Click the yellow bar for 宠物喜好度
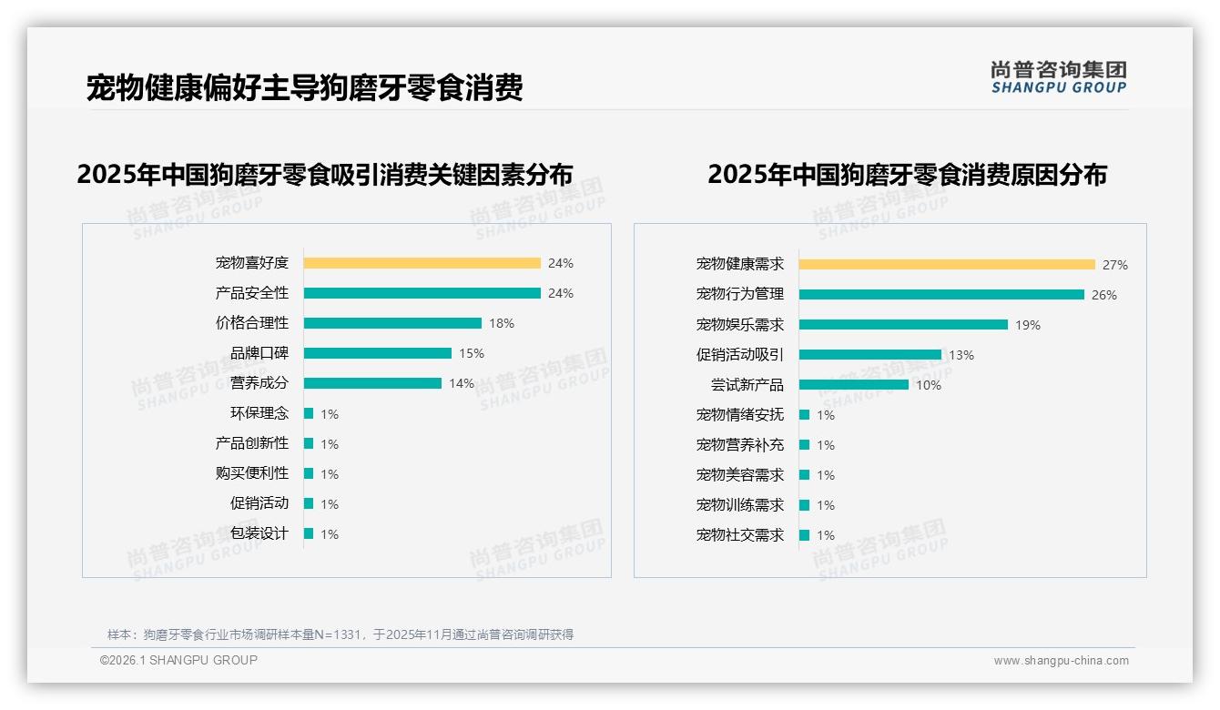(x=422, y=263)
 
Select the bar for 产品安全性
(x=422, y=293)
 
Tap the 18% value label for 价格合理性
(x=502, y=323)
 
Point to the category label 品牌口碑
(x=259, y=353)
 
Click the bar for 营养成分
(x=372, y=383)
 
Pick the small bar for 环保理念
(x=309, y=413)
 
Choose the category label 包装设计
(x=259, y=533)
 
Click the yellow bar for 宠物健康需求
(x=947, y=265)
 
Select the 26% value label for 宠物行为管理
(x=1104, y=295)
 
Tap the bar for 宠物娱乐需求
(x=903, y=325)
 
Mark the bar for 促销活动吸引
(x=870, y=355)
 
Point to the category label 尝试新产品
(x=747, y=385)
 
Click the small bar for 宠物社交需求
(x=805, y=535)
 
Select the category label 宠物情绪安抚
(x=740, y=415)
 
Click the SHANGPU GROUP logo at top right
(x=1059, y=77)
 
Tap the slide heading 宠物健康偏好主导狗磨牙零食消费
(x=304, y=88)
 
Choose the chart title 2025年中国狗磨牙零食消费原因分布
(x=907, y=175)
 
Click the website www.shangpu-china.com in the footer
(x=1061, y=661)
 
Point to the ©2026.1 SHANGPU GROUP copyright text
(x=178, y=660)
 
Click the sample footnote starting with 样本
(x=340, y=634)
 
